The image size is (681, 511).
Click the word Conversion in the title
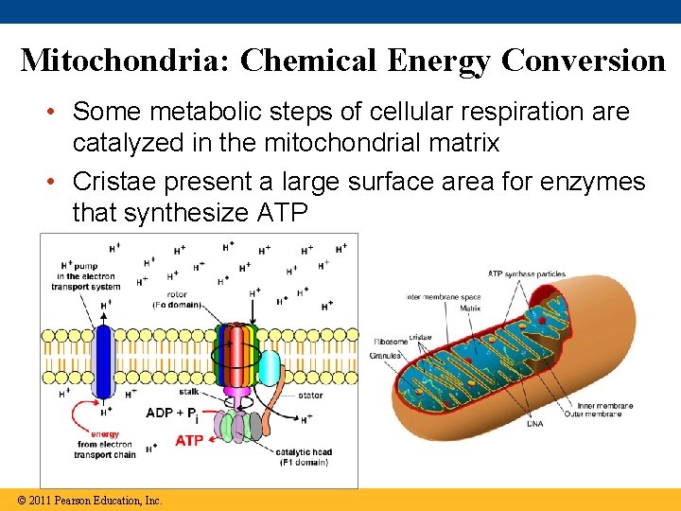pos(584,61)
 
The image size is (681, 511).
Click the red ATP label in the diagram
pos(189,440)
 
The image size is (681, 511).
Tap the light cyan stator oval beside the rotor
pos(271,366)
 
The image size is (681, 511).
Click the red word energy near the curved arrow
pos(105,434)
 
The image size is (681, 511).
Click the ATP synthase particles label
pos(526,274)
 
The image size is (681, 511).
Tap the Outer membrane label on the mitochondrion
pos(592,414)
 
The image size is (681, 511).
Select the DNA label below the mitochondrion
pos(534,424)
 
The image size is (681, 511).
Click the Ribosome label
pos(392,341)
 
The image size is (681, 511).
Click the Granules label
pos(385,356)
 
